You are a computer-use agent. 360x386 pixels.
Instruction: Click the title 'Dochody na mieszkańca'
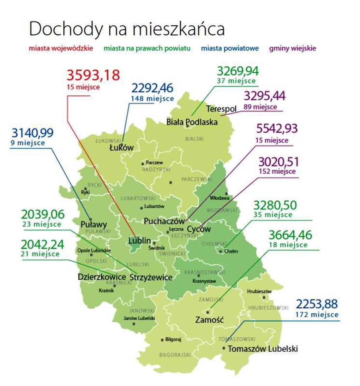(127, 29)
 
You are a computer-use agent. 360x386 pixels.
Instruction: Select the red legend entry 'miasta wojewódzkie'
(61, 48)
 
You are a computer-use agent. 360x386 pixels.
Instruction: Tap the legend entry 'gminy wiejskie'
(292, 48)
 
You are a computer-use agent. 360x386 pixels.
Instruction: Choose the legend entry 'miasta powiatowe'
(230, 48)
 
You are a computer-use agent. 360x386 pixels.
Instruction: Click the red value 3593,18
(93, 75)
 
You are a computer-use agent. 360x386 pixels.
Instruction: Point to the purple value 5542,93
(277, 129)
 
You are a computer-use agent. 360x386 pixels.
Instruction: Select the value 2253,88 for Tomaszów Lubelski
(317, 304)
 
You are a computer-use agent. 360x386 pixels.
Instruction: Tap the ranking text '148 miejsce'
(152, 98)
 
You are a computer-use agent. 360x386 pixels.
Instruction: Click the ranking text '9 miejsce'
(27, 143)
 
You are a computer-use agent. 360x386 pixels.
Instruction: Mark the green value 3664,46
(290, 235)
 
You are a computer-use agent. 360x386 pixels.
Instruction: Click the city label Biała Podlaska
(192, 122)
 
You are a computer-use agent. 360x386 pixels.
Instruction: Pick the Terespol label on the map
(221, 109)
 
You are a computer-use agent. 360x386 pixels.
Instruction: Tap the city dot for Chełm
(221, 252)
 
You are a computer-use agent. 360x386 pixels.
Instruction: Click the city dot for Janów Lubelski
(134, 324)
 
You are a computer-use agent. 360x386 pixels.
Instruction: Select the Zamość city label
(209, 320)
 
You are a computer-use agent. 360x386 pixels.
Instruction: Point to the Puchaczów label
(164, 221)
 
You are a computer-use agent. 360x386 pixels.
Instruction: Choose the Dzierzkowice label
(102, 277)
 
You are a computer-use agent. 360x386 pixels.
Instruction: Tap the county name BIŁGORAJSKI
(175, 355)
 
